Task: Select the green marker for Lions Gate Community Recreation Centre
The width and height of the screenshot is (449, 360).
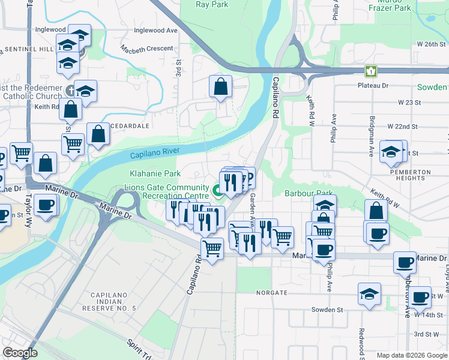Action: [x=217, y=191]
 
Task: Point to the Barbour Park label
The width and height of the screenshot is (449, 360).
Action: [x=309, y=194]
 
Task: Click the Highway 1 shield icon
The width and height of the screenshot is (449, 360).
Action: [x=372, y=71]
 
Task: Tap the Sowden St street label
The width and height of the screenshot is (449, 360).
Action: [x=327, y=310]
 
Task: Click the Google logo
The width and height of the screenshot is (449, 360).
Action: [x=20, y=353]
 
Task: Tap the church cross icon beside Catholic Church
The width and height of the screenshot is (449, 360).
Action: [x=70, y=92]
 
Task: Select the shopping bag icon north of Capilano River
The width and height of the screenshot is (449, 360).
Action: [x=221, y=87]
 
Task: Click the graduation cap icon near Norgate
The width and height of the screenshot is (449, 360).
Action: [x=369, y=295]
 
